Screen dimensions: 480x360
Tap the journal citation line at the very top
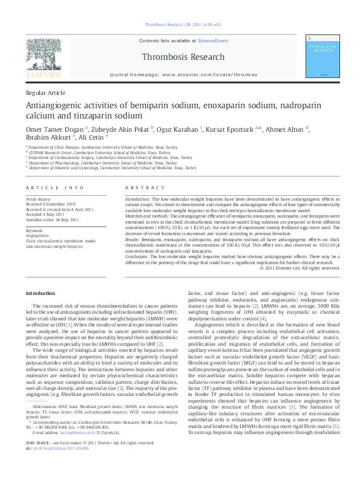pyautogui.click(x=180, y=25)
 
